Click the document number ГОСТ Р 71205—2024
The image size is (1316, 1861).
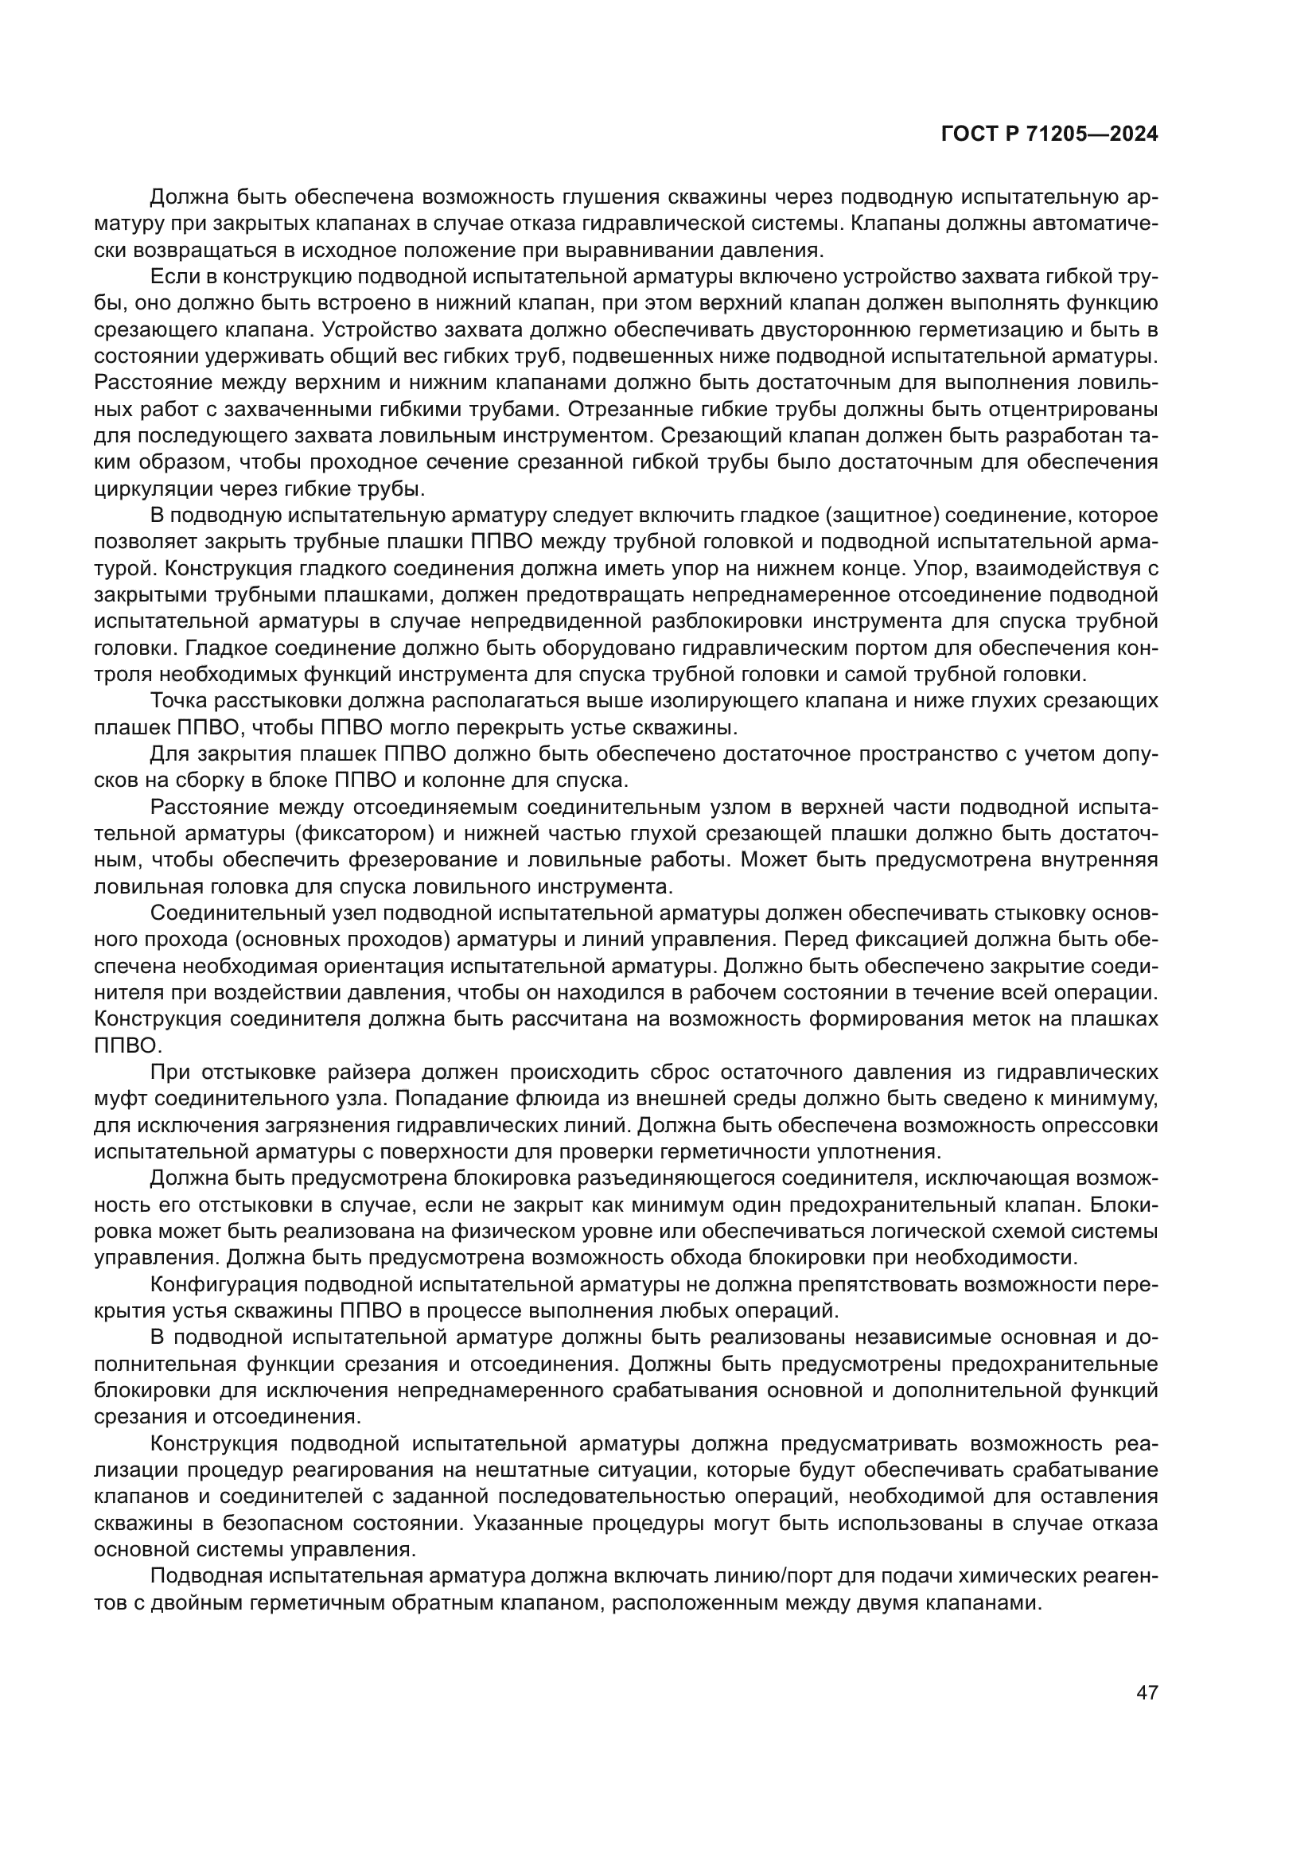tap(1049, 134)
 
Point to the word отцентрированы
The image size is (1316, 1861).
tap(1080, 409)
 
